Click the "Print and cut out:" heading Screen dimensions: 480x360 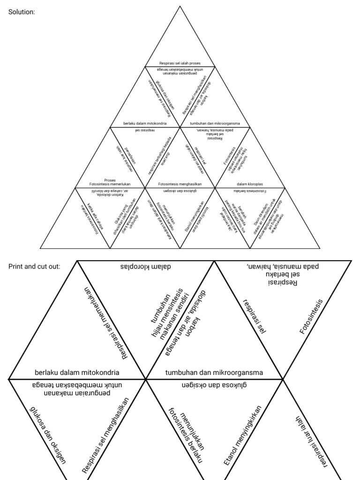[x=34, y=266]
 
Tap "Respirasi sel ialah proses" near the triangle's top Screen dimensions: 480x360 [x=180, y=63]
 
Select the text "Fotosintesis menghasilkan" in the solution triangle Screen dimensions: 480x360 [x=180, y=184]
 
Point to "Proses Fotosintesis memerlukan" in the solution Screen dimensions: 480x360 [x=110, y=182]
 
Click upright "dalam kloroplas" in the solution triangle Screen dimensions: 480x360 [x=250, y=184]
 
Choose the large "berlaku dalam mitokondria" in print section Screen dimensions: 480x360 [x=77, y=373]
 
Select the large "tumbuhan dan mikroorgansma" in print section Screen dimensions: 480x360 [x=214, y=373]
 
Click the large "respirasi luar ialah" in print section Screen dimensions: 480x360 [x=310, y=441]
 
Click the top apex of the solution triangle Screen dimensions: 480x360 [x=180, y=7]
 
